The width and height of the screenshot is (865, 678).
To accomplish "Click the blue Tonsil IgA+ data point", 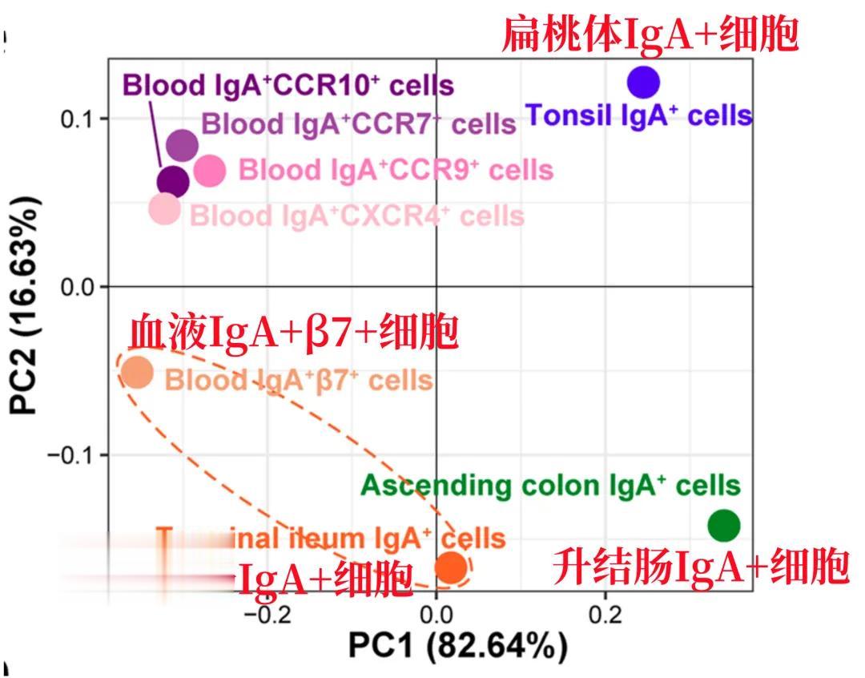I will pyautogui.click(x=643, y=82).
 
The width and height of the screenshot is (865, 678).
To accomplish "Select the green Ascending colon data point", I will pyautogui.click(x=724, y=526).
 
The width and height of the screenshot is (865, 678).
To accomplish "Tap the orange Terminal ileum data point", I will pyautogui.click(x=451, y=567).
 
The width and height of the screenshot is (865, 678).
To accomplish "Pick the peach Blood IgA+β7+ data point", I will pyautogui.click(x=137, y=372).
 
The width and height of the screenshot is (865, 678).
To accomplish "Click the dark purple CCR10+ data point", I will pyautogui.click(x=172, y=182).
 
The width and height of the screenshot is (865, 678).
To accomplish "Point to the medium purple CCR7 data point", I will pyautogui.click(x=182, y=145).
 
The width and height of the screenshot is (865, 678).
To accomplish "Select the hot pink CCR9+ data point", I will pyautogui.click(x=210, y=170).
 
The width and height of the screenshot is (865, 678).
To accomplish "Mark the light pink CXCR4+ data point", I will pyautogui.click(x=165, y=209).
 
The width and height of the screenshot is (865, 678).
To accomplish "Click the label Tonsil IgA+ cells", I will pyautogui.click(x=638, y=116).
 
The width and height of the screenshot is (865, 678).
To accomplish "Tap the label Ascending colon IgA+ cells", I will pyautogui.click(x=550, y=485).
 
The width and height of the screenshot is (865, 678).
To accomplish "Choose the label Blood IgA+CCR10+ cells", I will pyautogui.click(x=288, y=85).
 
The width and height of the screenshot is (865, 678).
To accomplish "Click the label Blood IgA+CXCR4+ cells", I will pyautogui.click(x=357, y=216).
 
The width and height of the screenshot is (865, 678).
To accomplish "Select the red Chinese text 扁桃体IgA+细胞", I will pyautogui.click(x=650, y=35).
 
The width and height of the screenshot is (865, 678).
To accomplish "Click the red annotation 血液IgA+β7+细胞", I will pyautogui.click(x=294, y=333).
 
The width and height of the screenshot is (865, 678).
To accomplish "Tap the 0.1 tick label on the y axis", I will pyautogui.click(x=78, y=119).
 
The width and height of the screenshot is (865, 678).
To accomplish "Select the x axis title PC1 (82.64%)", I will pyautogui.click(x=457, y=646).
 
